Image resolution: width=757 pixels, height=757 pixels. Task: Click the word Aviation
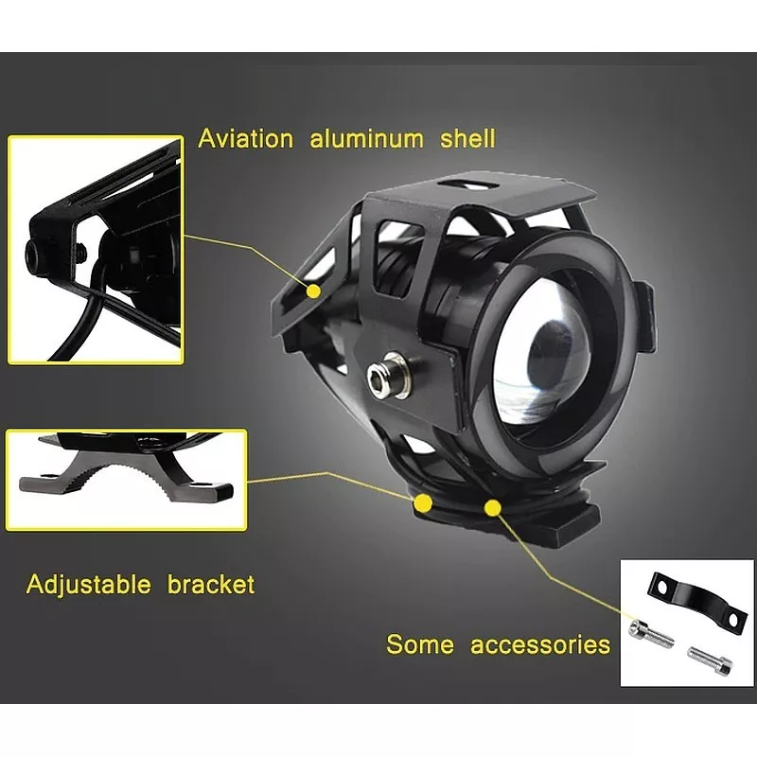[x=246, y=139]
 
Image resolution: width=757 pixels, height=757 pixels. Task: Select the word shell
[x=467, y=139]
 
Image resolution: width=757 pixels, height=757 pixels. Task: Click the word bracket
[x=211, y=584]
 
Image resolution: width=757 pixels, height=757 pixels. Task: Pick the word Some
[x=420, y=645]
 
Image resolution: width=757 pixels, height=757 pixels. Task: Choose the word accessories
[x=540, y=645]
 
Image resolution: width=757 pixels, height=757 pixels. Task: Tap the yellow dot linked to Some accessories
[x=492, y=508]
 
